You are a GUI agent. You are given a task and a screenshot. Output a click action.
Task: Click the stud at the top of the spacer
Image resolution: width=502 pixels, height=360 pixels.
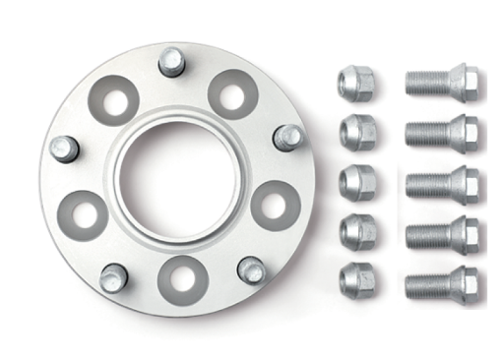172,63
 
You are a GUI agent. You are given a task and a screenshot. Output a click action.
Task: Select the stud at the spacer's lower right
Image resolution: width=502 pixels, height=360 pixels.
252,269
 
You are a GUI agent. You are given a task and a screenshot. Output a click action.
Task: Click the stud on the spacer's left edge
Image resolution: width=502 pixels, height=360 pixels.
64,149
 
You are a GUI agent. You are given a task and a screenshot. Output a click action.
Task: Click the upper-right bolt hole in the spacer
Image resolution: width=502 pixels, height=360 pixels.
232,94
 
